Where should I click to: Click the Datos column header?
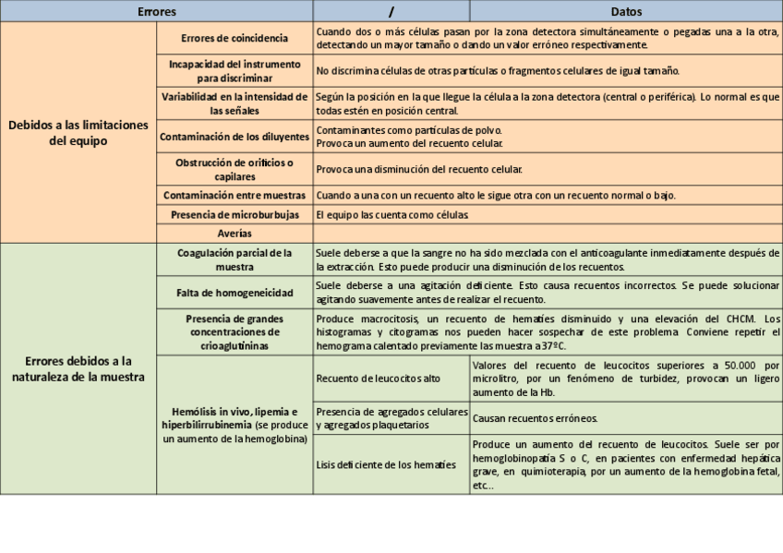click(627, 11)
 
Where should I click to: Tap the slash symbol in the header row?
click(391, 11)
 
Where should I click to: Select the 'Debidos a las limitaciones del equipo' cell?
click(78, 133)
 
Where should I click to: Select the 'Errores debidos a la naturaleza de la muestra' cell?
click(78, 367)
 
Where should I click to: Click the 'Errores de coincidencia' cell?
click(235, 37)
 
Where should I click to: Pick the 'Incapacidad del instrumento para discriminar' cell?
click(235, 71)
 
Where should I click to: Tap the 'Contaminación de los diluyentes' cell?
click(235, 137)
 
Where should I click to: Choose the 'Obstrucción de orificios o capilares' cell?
click(235, 169)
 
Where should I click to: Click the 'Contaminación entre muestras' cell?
click(235, 196)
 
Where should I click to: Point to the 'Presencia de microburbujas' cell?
click(235, 214)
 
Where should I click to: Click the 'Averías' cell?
click(235, 233)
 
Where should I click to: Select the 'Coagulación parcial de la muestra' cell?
click(235, 259)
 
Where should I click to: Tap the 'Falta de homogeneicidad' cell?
click(235, 293)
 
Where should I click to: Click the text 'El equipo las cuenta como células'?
click(392, 214)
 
